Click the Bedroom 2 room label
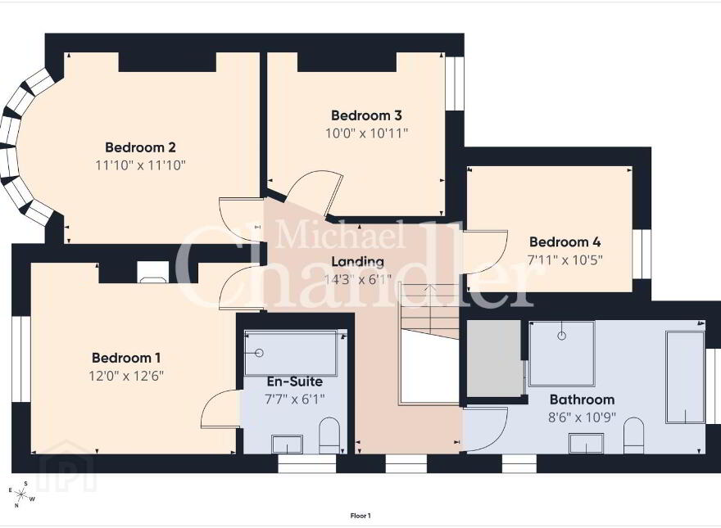click(140, 147)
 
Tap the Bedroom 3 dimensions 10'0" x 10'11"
click(367, 133)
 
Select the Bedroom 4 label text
click(565, 241)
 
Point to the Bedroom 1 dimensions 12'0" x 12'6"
click(126, 376)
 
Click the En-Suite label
click(295, 381)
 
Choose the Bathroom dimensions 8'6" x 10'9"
click(583, 417)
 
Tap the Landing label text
click(358, 262)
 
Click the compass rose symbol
click(20, 494)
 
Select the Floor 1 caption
click(360, 516)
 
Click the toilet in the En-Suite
click(329, 435)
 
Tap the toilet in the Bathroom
click(634, 435)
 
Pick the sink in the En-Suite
click(287, 445)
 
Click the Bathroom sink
click(587, 444)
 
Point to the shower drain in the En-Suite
click(259, 353)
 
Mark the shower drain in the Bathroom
click(561, 336)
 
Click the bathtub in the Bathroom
click(685, 377)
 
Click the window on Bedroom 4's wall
click(642, 254)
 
